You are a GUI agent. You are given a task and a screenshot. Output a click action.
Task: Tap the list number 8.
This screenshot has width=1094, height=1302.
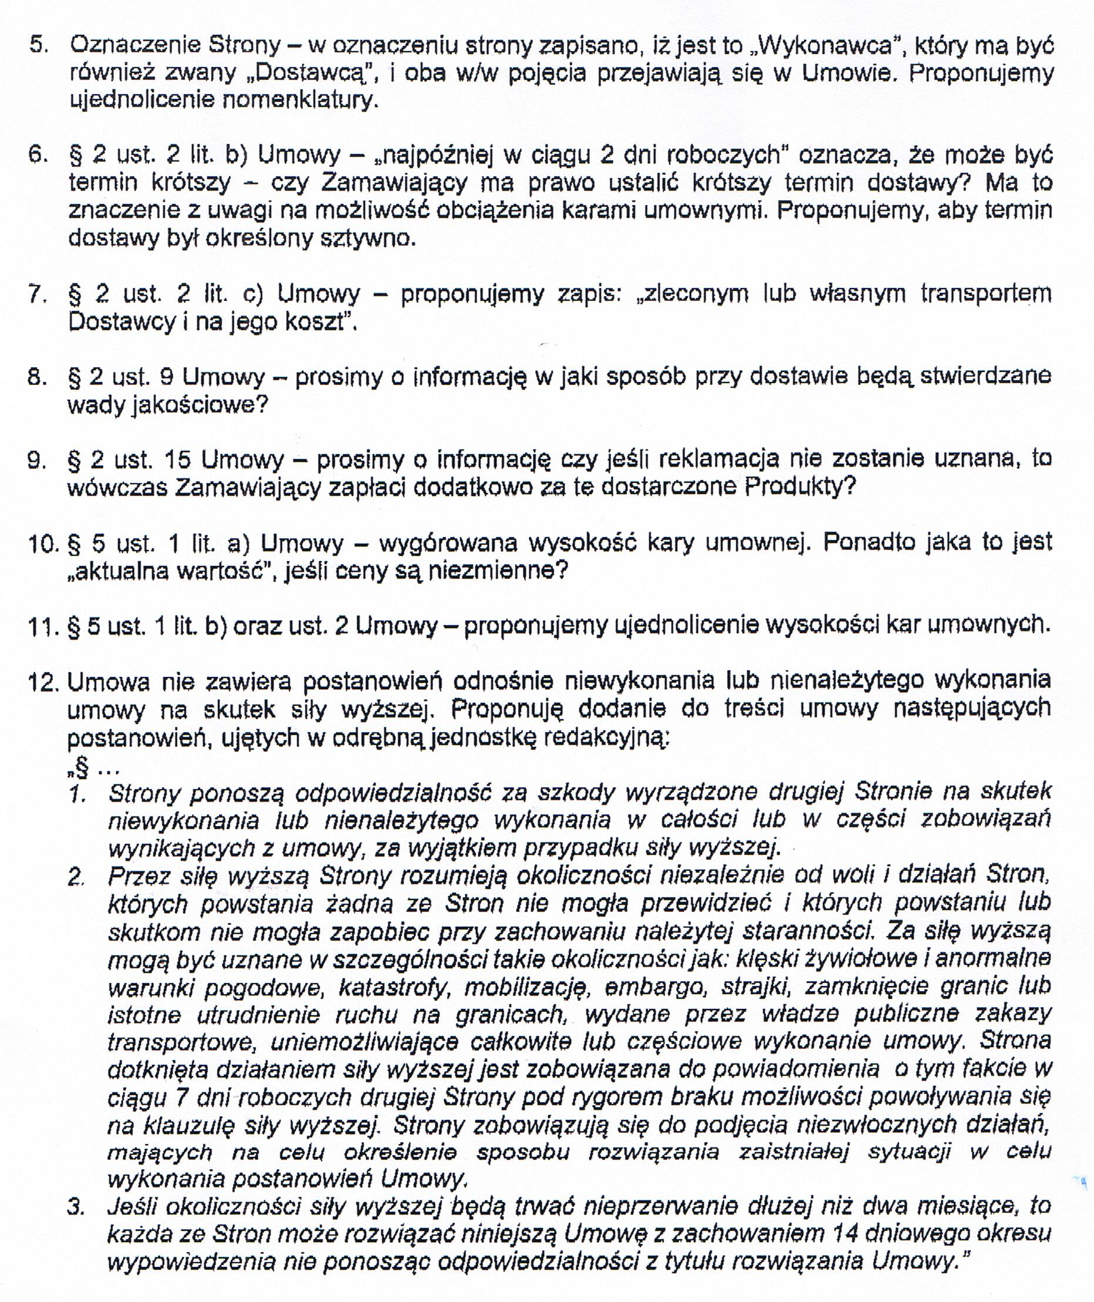(38, 377)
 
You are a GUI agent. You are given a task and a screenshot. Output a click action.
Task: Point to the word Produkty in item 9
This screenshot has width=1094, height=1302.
(800, 488)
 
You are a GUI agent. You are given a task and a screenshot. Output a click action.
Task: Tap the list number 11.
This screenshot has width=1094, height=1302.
(43, 626)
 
